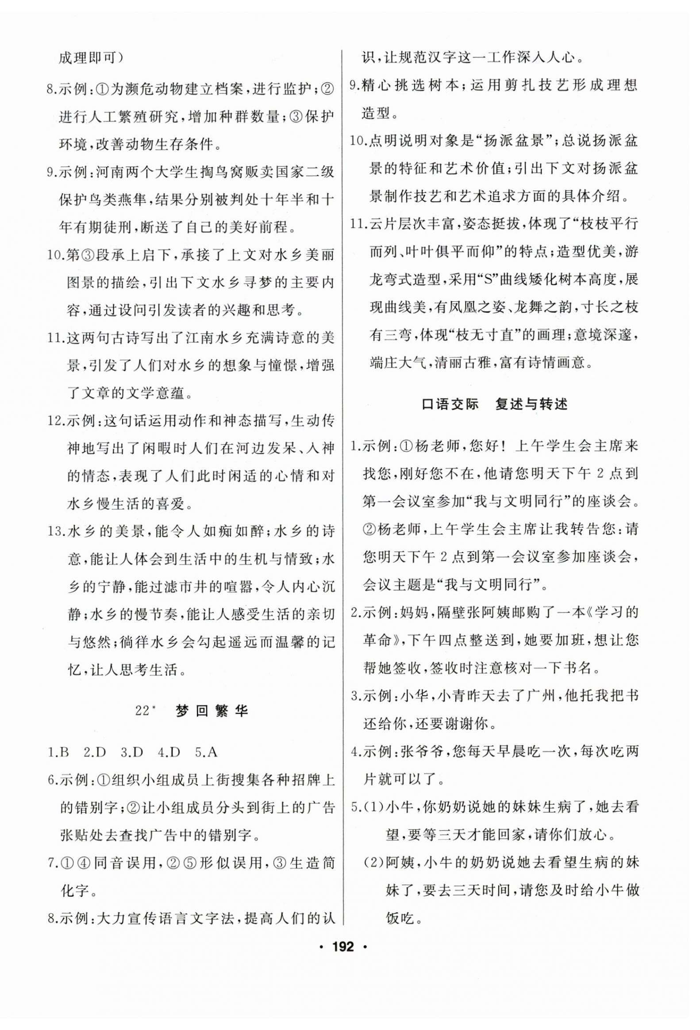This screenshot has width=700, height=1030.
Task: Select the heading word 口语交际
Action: tap(450, 404)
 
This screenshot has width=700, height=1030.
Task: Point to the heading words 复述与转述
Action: tap(531, 404)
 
